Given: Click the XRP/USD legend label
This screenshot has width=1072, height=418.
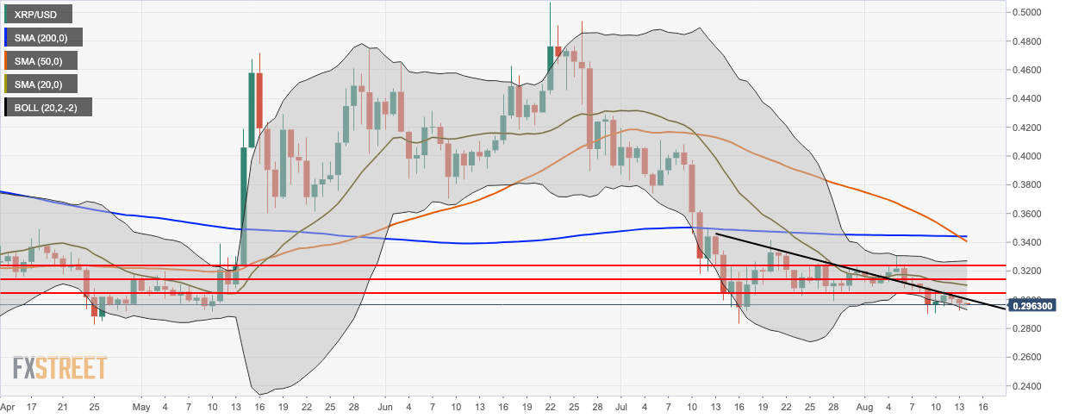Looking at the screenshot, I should pos(39,15).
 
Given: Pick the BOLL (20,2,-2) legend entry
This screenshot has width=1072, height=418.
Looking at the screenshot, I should pos(47,108).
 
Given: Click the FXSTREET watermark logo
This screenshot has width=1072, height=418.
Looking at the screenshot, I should pos(60,368).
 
